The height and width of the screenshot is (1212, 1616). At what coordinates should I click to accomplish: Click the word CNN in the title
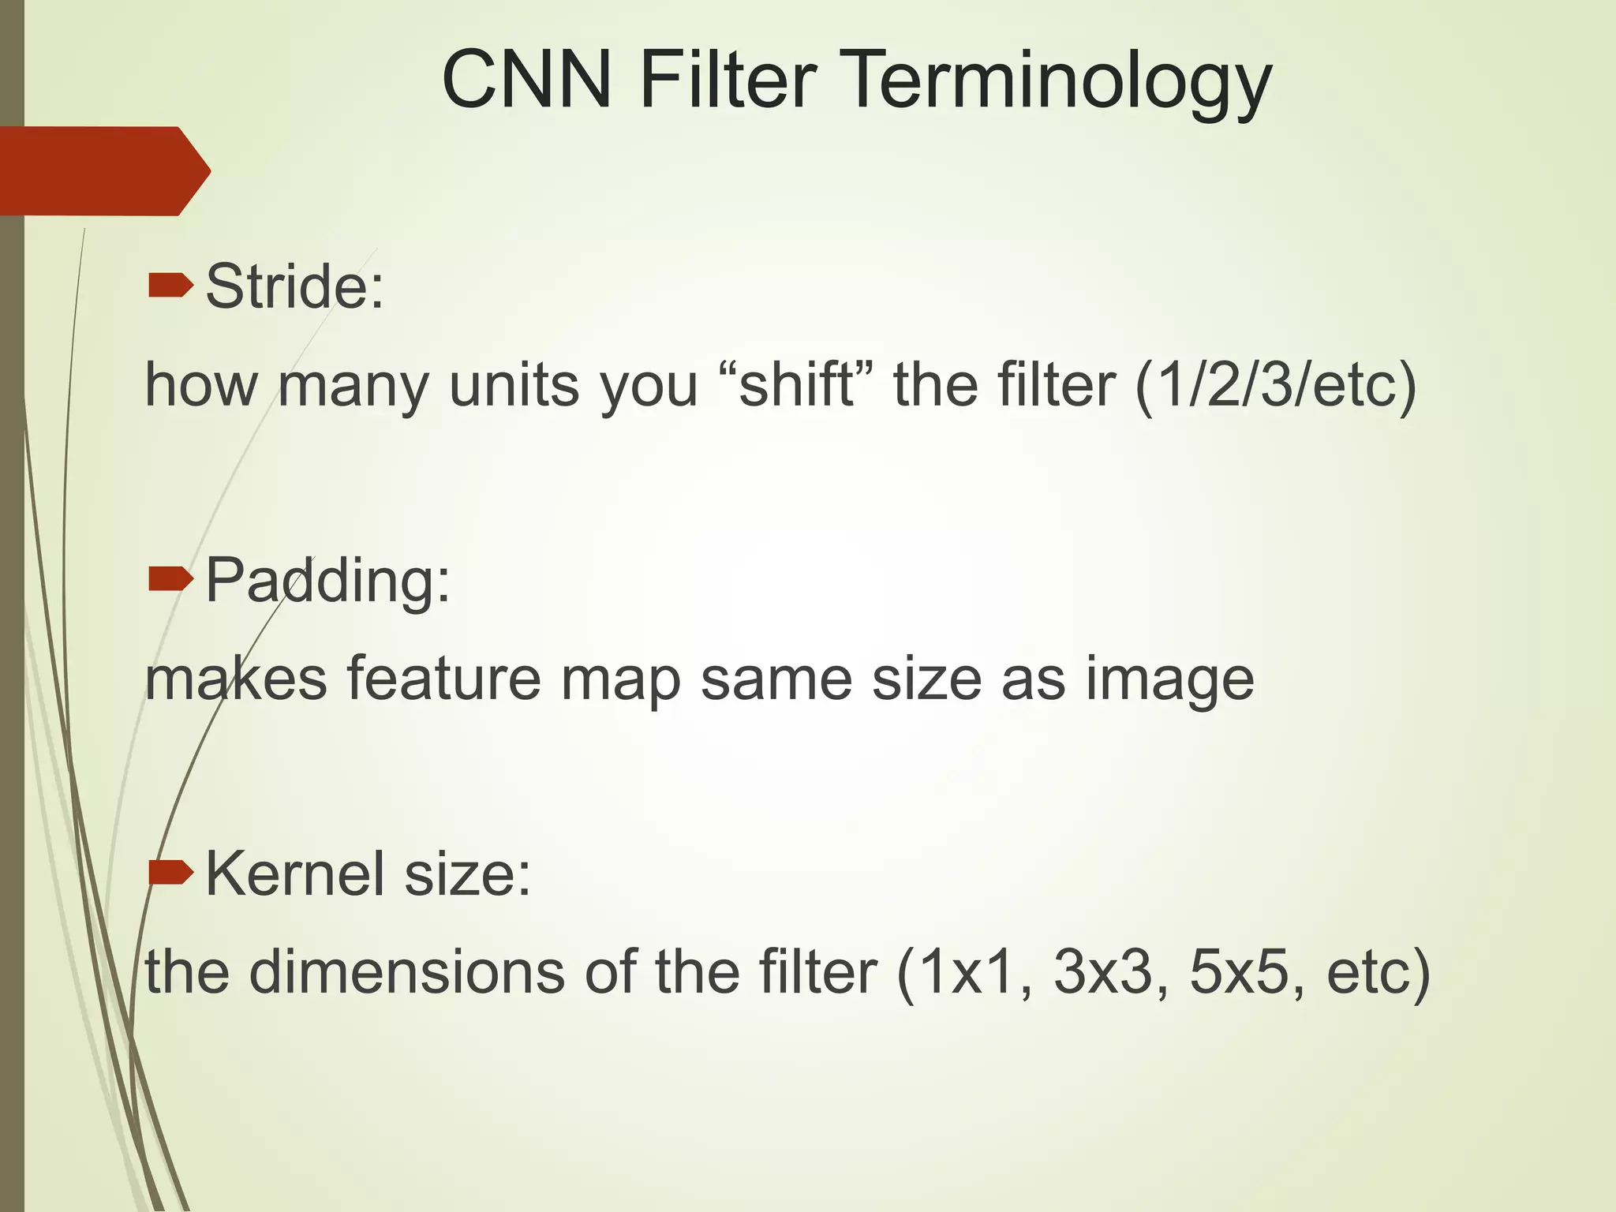526,80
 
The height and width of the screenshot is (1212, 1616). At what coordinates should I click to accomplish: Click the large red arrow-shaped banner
103,170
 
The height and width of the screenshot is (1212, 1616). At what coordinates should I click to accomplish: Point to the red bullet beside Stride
170,286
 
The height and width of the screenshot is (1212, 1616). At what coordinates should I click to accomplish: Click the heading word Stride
294,286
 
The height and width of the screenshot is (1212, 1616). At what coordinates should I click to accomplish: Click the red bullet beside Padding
170,580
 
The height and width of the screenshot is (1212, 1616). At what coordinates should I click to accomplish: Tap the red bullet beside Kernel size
170,873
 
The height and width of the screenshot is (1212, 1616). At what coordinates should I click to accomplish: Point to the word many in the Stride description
354,387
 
